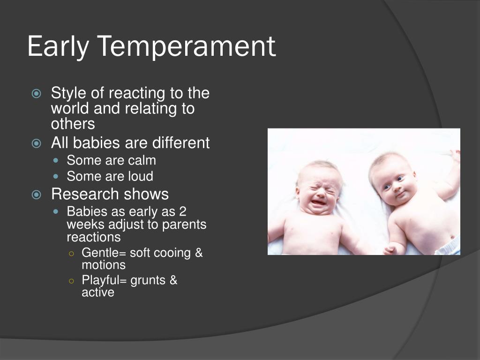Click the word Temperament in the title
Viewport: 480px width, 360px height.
(187, 46)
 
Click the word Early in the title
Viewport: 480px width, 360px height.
(58, 46)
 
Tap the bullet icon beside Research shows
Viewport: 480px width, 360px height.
(37, 195)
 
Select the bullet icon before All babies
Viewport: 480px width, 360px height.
(37, 143)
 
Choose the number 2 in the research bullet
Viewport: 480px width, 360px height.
(183, 211)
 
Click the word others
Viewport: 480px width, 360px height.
(73, 124)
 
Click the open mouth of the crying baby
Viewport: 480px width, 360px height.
(318, 202)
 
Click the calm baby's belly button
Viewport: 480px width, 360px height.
(453, 237)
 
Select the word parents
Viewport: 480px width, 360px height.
(184, 225)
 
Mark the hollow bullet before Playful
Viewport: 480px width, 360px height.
(72, 281)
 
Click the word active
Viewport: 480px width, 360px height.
(98, 292)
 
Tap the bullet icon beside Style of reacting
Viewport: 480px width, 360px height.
(37, 93)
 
